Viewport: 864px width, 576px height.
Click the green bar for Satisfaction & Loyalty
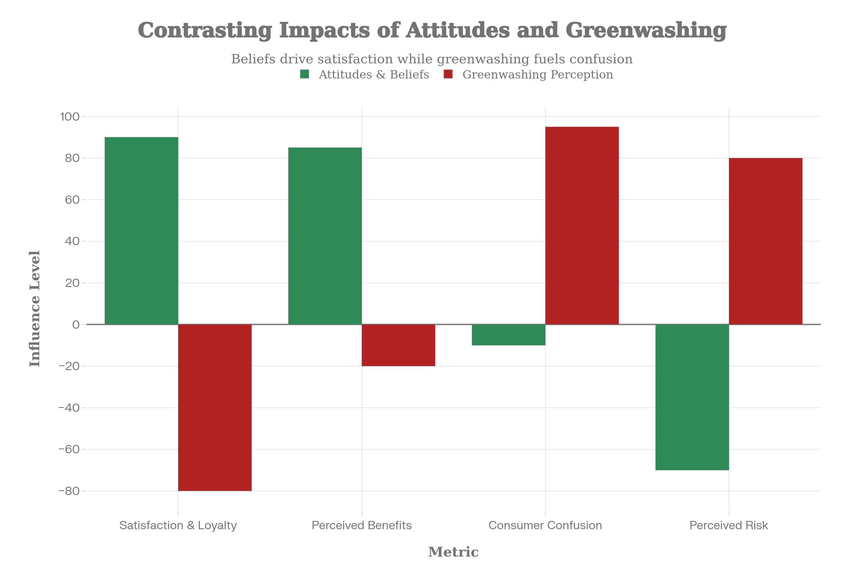pyautogui.click(x=141, y=231)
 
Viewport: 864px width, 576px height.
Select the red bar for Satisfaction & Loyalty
pyautogui.click(x=215, y=408)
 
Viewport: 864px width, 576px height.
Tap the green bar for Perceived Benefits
pyautogui.click(x=325, y=236)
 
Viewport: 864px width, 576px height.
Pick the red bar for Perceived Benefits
pyautogui.click(x=399, y=345)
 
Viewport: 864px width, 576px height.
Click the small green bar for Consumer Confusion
pyautogui.click(x=508, y=335)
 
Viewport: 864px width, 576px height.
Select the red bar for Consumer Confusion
pyautogui.click(x=582, y=226)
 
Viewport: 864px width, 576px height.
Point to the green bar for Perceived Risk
pyautogui.click(x=692, y=397)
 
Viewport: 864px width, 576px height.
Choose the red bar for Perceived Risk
pyautogui.click(x=766, y=241)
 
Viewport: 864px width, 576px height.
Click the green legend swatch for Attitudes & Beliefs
pyautogui.click(x=305, y=74)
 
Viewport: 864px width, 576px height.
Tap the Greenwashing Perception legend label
pyautogui.click(x=537, y=75)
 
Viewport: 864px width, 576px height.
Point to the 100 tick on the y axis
pyautogui.click(x=70, y=117)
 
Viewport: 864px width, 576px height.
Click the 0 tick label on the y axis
pyautogui.click(x=76, y=325)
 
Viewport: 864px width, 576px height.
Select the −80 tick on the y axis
pyautogui.click(x=69, y=491)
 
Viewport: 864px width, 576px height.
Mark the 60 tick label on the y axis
pyautogui.click(x=72, y=200)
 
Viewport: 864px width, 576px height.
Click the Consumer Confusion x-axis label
pyautogui.click(x=545, y=526)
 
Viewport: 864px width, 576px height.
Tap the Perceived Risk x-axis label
pyautogui.click(x=729, y=526)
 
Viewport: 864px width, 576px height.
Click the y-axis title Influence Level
pyautogui.click(x=35, y=309)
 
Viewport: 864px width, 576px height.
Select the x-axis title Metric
pyautogui.click(x=453, y=552)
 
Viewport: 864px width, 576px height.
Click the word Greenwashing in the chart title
pyautogui.click(x=646, y=30)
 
